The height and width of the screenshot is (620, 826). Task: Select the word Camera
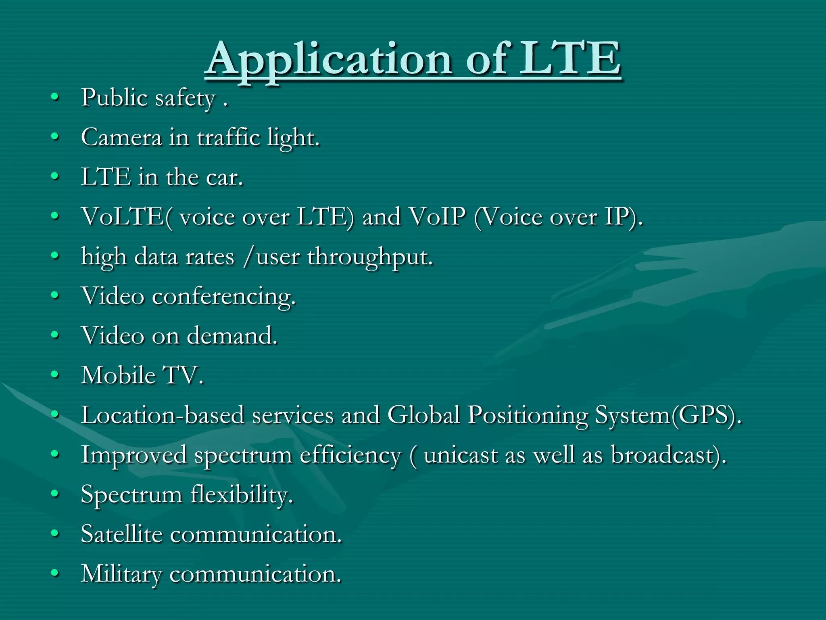click(121, 137)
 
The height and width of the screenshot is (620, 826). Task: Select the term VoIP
click(437, 217)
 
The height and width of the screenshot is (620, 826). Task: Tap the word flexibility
click(241, 494)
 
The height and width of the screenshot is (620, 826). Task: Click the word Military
click(121, 574)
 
